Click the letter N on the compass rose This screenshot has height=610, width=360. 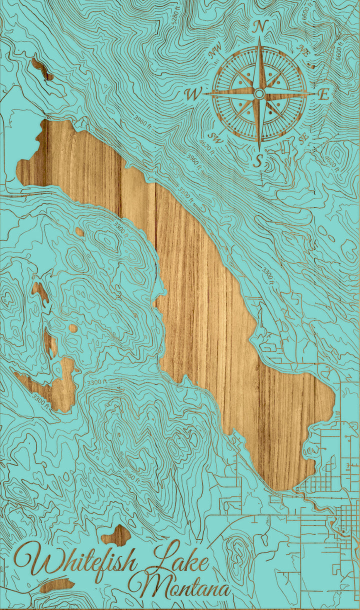coord(258,28)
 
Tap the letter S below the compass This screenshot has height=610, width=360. coord(258,160)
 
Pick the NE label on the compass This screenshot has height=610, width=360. coord(302,48)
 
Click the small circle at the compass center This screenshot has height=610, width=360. coord(259,93)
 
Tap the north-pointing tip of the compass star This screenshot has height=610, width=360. coord(259,39)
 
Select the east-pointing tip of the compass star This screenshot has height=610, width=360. coord(314,93)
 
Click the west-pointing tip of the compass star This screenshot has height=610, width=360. coord(204,93)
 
